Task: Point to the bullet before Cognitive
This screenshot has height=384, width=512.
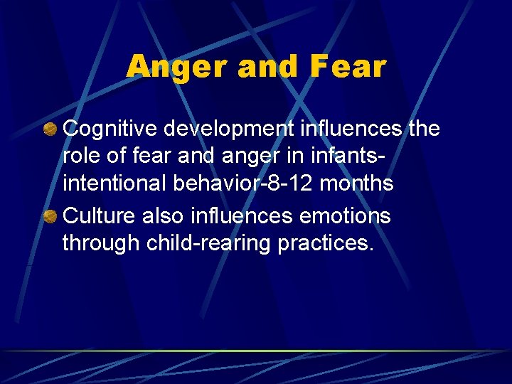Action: (50, 130)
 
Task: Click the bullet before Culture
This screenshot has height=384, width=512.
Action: (50, 216)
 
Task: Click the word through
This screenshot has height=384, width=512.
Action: (102, 243)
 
